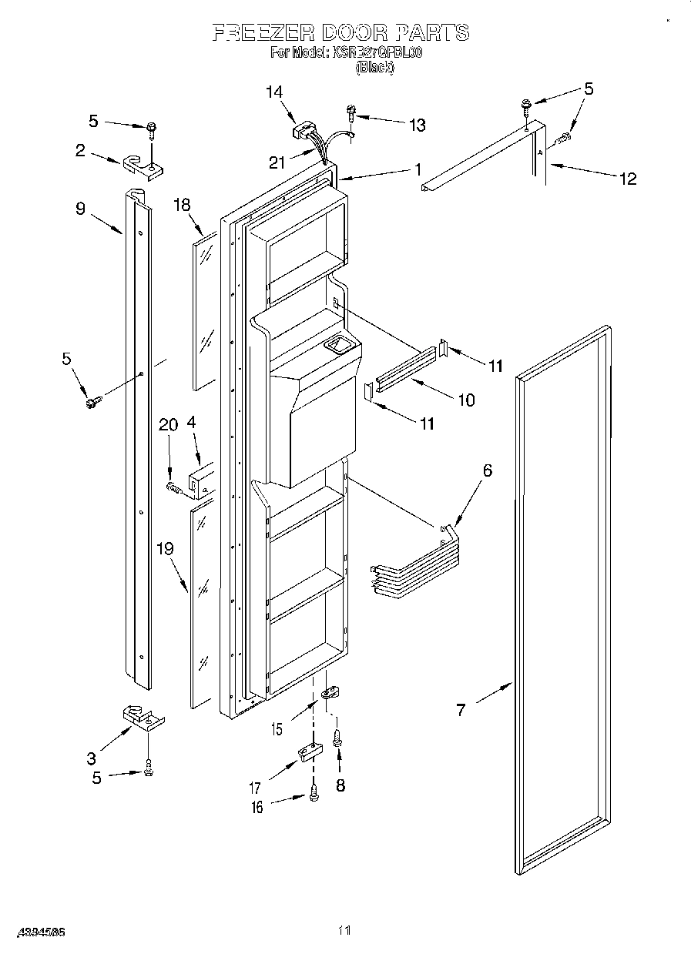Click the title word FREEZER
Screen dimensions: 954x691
(x=260, y=32)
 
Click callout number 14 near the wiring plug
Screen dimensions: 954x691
(x=275, y=92)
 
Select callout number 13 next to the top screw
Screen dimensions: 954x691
(x=417, y=125)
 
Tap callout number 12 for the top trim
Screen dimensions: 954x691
(x=628, y=179)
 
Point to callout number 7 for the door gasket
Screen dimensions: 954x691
(x=461, y=710)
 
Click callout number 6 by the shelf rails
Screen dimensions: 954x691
(x=487, y=470)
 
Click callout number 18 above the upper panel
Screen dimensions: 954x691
(x=182, y=204)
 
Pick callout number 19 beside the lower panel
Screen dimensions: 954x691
(x=165, y=549)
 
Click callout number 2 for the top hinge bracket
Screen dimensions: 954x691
(x=80, y=151)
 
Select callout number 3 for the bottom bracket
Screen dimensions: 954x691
(x=91, y=758)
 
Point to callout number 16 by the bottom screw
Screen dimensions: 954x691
(x=257, y=807)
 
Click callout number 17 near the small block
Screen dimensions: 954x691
(x=255, y=788)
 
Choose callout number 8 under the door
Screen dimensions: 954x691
(x=340, y=785)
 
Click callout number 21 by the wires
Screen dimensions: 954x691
(x=277, y=162)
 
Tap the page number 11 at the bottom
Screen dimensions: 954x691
(x=344, y=931)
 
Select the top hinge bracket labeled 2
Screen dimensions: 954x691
(x=141, y=165)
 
